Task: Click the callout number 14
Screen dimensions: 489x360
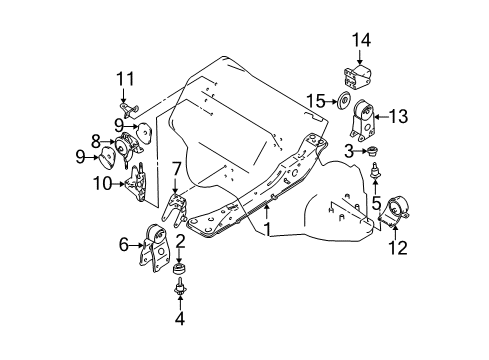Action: pyautogui.click(x=361, y=40)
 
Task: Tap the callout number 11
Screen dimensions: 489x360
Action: pyautogui.click(x=125, y=79)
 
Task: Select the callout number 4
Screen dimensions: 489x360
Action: pyautogui.click(x=180, y=318)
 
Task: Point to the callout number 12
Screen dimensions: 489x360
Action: pyautogui.click(x=398, y=248)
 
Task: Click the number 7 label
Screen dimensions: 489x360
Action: pyautogui.click(x=177, y=169)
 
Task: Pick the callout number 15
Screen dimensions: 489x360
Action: pyautogui.click(x=316, y=101)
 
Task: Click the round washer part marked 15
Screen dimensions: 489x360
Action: pyautogui.click(x=343, y=100)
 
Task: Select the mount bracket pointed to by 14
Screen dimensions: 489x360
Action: pyautogui.click(x=357, y=77)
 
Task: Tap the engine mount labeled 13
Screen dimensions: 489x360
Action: pyautogui.click(x=362, y=121)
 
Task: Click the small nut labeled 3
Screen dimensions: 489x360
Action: pyautogui.click(x=371, y=151)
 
